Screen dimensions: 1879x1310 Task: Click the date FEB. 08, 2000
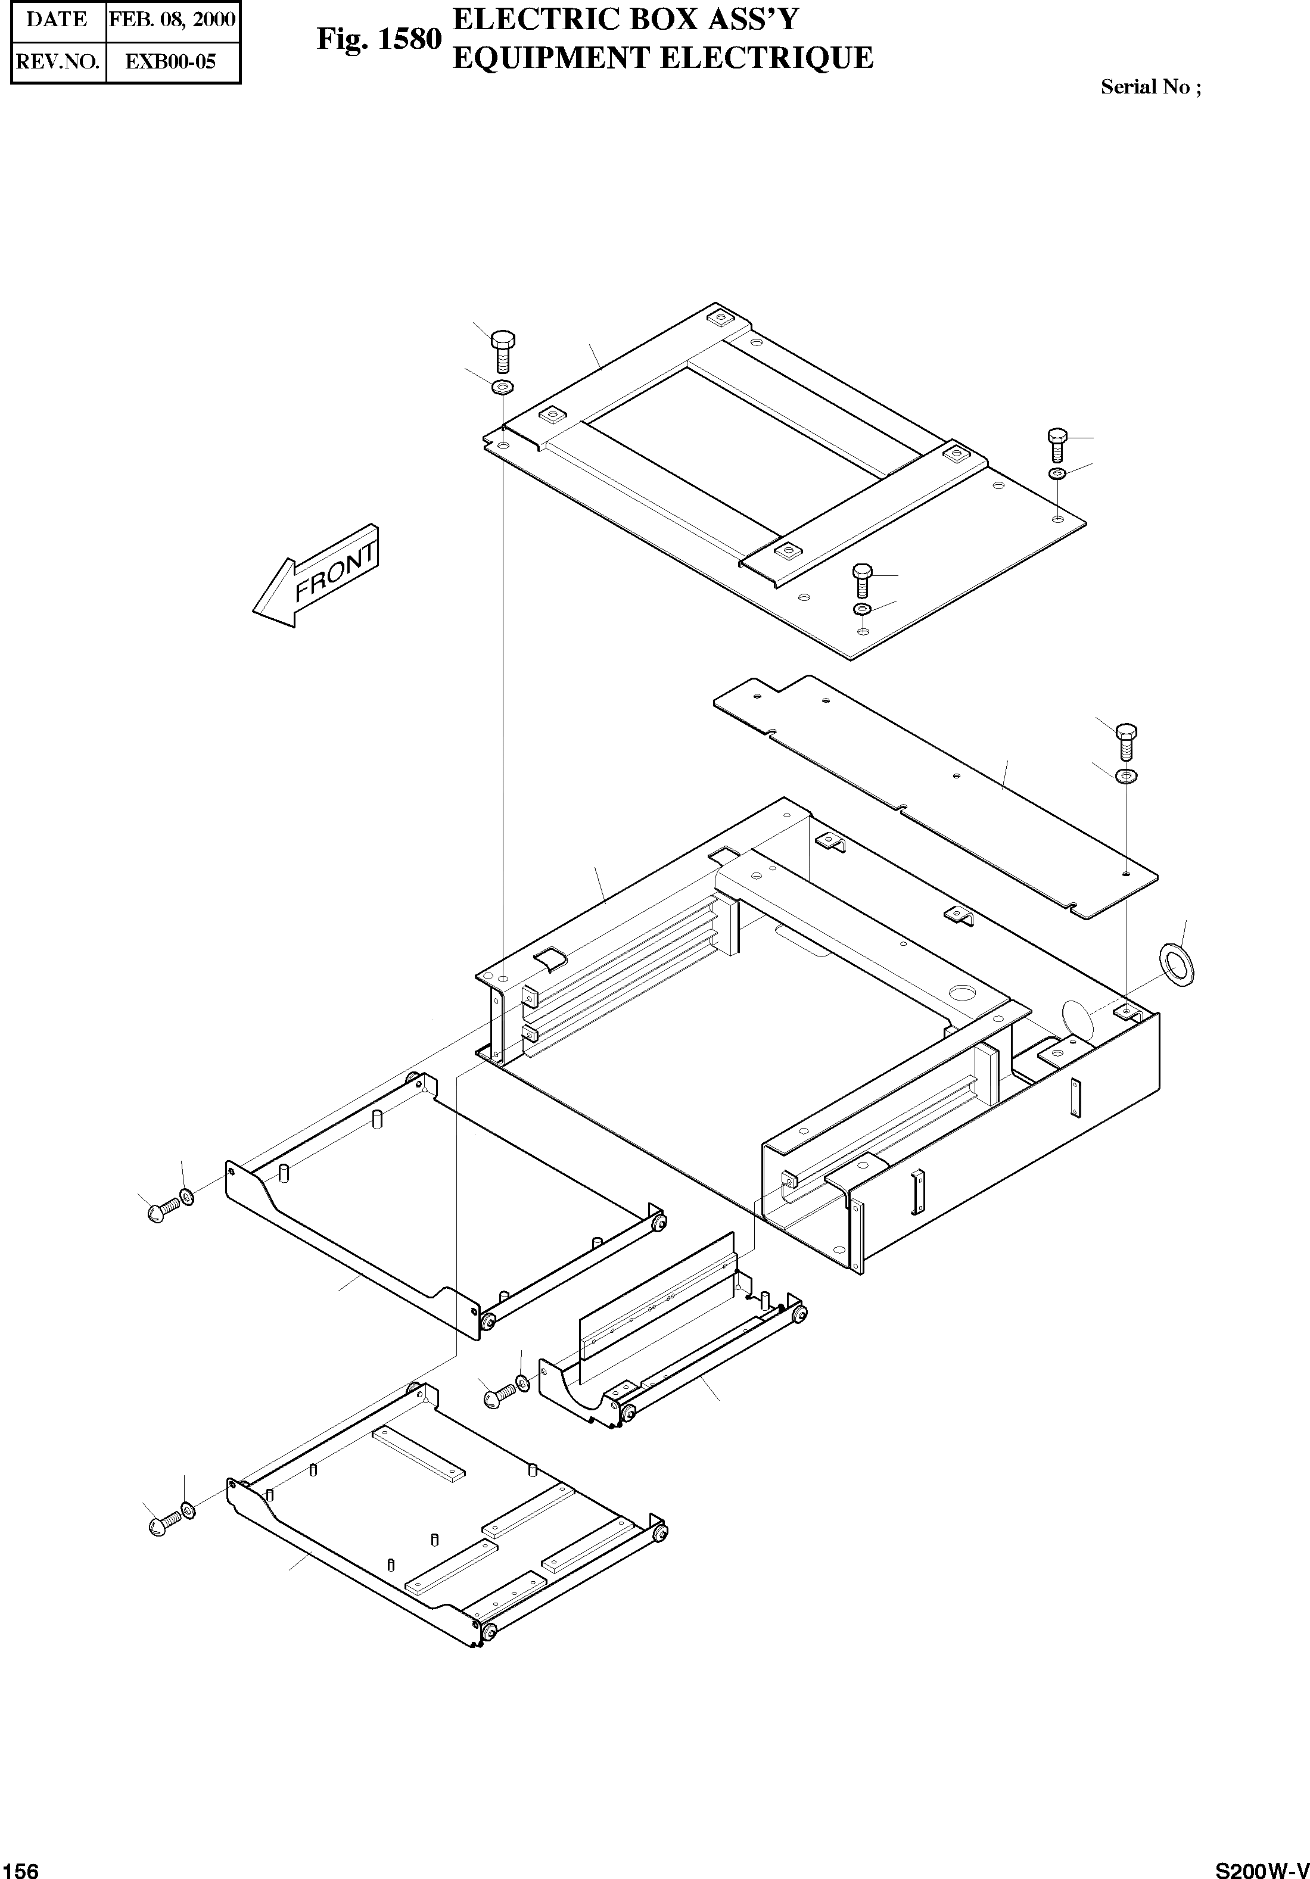173,20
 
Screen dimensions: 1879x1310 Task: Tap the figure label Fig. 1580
379,39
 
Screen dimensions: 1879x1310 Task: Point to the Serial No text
1150,88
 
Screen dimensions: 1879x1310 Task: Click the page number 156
20,1865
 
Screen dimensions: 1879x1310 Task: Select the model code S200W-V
1261,1865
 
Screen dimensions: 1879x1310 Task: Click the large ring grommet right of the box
1177,964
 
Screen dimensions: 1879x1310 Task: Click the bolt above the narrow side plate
1127,741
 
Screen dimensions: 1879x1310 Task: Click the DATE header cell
57,20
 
